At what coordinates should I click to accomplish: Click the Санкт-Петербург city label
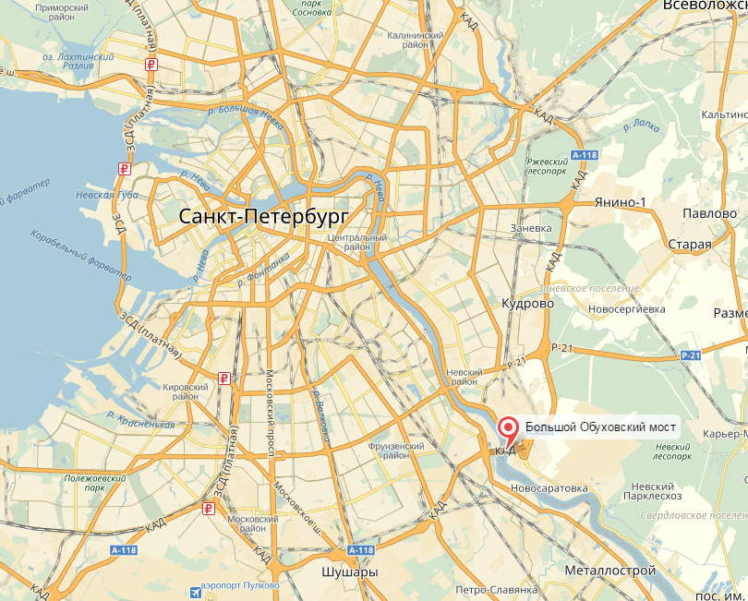pyautogui.click(x=263, y=217)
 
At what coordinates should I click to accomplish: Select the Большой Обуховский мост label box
pyautogui.click(x=601, y=427)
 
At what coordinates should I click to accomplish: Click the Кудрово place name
pyautogui.click(x=526, y=303)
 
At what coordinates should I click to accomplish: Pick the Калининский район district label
pyautogui.click(x=416, y=41)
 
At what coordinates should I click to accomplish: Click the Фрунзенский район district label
pyautogui.click(x=389, y=450)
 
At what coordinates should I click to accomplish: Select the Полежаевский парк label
pyautogui.click(x=95, y=484)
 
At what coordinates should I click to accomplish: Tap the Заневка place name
pyautogui.click(x=531, y=228)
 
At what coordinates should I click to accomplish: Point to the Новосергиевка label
pyautogui.click(x=627, y=308)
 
